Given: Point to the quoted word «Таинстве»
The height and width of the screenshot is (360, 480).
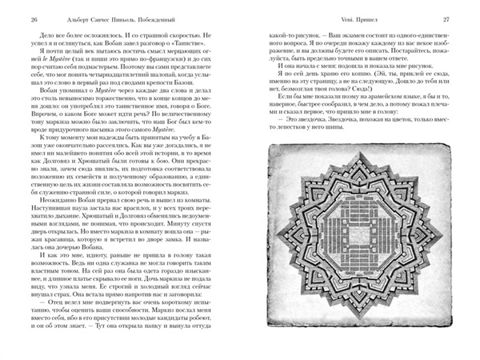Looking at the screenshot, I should click(202, 58).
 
